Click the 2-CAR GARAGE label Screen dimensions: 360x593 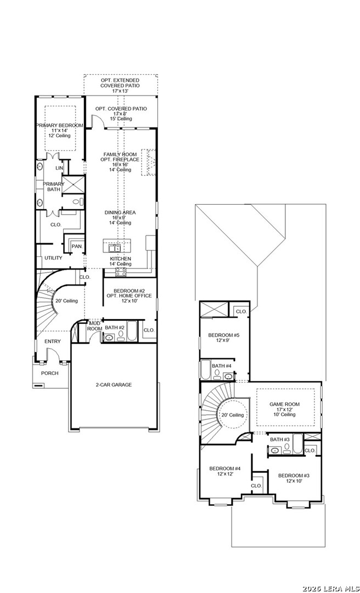click(x=114, y=384)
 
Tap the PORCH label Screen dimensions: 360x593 click(x=50, y=373)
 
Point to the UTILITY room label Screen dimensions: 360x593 click(x=53, y=258)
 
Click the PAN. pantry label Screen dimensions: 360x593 click(x=77, y=247)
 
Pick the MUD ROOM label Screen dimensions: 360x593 click(x=94, y=326)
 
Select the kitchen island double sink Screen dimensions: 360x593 click(x=114, y=248)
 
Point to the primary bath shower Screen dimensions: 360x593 click(x=72, y=185)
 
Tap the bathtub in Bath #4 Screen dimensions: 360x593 click(x=205, y=370)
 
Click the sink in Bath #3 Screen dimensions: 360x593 click(x=275, y=450)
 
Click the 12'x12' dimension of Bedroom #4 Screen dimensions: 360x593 click(x=225, y=474)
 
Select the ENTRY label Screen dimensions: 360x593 click(x=53, y=342)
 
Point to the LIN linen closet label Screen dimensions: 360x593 click(x=59, y=168)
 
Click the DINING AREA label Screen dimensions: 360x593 click(x=120, y=212)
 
